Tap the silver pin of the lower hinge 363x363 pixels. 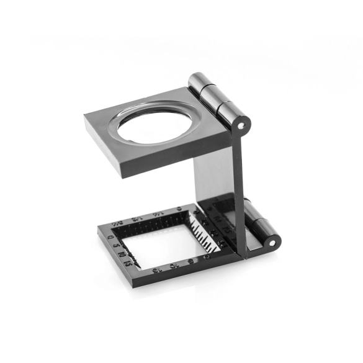[271, 243]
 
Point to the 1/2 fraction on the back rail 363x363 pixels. [138, 218]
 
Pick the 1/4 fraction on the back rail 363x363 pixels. [159, 213]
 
